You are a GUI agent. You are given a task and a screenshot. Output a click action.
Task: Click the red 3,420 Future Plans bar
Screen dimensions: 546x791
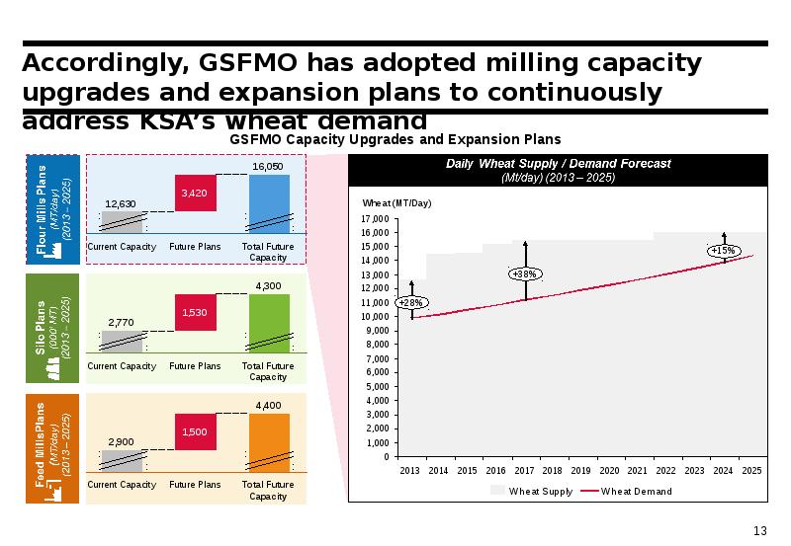pyautogui.click(x=194, y=193)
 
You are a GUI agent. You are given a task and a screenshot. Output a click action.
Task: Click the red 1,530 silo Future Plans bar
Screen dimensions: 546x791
pyautogui.click(x=194, y=312)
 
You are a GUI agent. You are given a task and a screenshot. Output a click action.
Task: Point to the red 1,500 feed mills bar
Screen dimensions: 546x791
pyautogui.click(x=194, y=431)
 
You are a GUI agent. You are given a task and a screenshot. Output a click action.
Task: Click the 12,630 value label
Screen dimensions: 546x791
pyautogui.click(x=121, y=203)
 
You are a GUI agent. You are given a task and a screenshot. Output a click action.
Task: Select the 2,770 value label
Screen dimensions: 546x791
pyautogui.click(x=121, y=322)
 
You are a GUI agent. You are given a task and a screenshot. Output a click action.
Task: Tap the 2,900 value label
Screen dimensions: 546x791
pyautogui.click(x=121, y=441)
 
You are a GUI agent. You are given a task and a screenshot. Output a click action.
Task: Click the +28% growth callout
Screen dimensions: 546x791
pyautogui.click(x=409, y=301)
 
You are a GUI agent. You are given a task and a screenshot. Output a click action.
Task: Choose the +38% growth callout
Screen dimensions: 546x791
pyautogui.click(x=526, y=273)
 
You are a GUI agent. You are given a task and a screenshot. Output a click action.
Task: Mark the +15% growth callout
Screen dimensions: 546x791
pyautogui.click(x=724, y=251)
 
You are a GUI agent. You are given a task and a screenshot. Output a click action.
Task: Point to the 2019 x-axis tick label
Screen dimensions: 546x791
pyautogui.click(x=580, y=471)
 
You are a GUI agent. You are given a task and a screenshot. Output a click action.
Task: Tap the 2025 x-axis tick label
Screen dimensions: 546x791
pyautogui.click(x=751, y=471)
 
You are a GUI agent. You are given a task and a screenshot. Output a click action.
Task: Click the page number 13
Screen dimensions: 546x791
pyautogui.click(x=760, y=531)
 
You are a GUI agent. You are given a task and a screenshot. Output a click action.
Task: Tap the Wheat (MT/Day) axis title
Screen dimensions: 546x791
pyautogui.click(x=397, y=202)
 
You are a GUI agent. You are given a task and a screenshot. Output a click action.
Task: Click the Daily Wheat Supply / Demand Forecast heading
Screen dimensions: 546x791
pyautogui.click(x=558, y=163)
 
